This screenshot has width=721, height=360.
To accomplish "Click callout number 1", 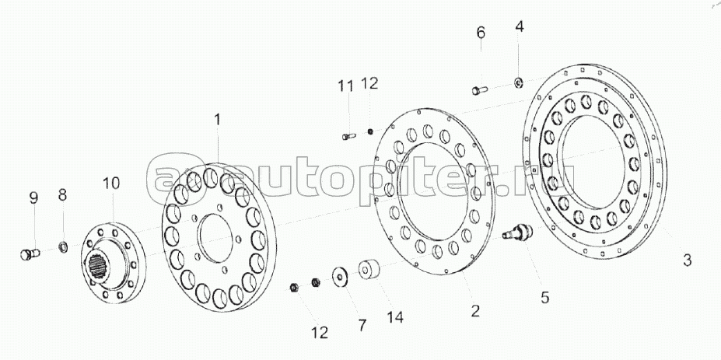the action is [x=217, y=120].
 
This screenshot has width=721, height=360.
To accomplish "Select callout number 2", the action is [x=475, y=311].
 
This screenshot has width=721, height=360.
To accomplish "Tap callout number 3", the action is [x=687, y=260].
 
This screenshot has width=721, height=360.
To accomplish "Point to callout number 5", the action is [x=545, y=298].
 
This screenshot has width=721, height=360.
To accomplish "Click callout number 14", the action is [x=395, y=316].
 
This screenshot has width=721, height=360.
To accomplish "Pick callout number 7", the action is [x=362, y=326].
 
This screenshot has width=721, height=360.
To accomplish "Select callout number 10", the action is [x=110, y=183].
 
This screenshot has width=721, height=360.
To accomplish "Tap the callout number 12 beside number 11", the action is [x=369, y=83].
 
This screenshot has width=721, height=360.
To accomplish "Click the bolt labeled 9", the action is [x=30, y=253].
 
